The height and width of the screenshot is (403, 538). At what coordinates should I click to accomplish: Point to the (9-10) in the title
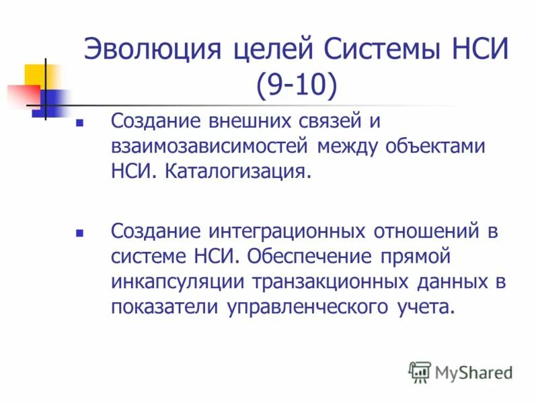coord(296,85)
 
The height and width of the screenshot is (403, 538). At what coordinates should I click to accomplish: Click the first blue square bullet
coord(79,124)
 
